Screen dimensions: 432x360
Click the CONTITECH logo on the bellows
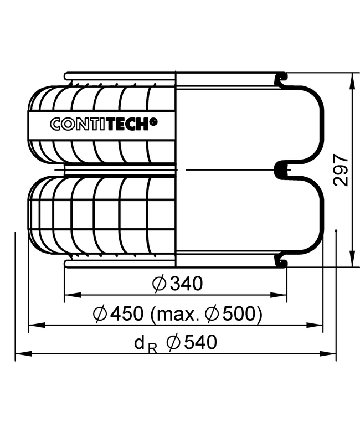(x=103, y=124)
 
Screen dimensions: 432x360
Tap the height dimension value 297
(x=342, y=170)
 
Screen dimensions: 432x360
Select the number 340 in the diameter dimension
(x=187, y=284)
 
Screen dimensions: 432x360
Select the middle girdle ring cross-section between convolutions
(x=281, y=169)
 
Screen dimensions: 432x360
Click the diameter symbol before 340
(x=159, y=284)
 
